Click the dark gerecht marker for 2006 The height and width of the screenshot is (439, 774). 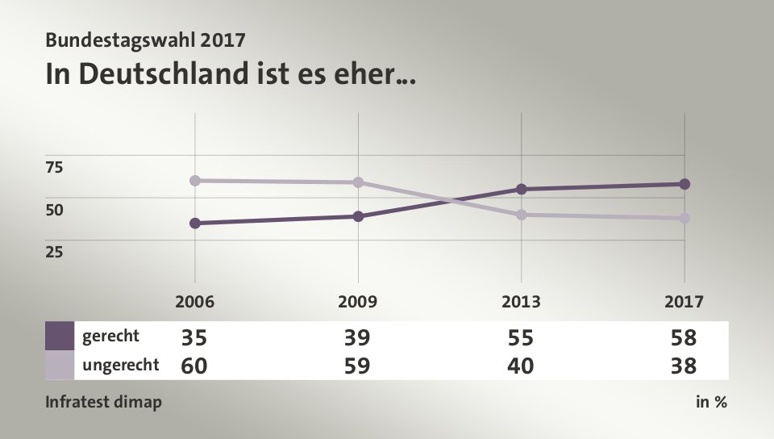[195, 223]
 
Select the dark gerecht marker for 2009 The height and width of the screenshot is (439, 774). [358, 216]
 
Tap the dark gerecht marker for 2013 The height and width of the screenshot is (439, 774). [522, 189]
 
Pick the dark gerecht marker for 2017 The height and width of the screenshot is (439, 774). [685, 184]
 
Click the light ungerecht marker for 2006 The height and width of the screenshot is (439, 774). [195, 180]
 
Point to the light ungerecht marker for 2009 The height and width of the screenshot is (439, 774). [358, 182]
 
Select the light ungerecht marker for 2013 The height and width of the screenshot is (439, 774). [522, 215]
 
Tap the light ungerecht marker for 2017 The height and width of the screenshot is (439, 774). [685, 218]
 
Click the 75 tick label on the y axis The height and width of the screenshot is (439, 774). [54, 167]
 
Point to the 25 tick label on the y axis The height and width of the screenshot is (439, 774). [54, 251]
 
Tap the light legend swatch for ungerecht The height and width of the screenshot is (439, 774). [60, 365]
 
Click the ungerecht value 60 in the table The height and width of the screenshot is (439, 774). [194, 366]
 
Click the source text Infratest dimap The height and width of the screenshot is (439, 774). [103, 402]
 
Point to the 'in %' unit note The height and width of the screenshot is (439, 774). [711, 402]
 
